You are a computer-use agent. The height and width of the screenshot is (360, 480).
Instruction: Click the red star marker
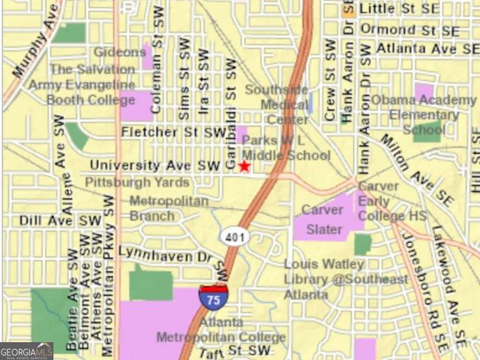coord(244,166)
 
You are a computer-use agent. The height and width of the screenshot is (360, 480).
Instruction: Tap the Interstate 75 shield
coord(214,296)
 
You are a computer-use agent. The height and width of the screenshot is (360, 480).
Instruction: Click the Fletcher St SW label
coord(173,133)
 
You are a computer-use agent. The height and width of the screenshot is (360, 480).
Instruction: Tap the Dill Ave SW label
coord(70,221)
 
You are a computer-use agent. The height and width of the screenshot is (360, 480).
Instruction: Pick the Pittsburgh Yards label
coord(136,182)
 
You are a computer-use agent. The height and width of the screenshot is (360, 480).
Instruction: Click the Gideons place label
coord(120,52)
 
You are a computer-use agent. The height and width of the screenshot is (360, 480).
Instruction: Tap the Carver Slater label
coord(322,219)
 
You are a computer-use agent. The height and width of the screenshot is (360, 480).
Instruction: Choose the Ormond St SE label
coord(409,30)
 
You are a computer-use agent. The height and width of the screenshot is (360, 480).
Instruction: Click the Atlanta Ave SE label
coord(416,49)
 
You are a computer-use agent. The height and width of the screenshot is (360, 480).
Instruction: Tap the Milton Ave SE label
coord(415,170)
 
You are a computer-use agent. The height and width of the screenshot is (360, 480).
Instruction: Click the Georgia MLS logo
coord(26,351)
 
